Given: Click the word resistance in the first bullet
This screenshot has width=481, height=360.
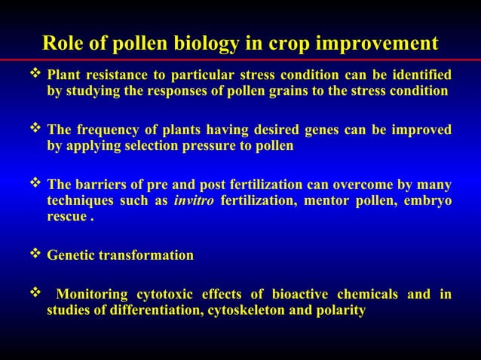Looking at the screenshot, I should coord(113,76).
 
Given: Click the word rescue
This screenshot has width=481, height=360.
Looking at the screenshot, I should coord(66,218).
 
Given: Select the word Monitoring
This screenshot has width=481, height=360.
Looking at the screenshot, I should coord(94,294).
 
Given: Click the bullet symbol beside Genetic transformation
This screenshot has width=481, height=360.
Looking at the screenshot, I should coord(35,255).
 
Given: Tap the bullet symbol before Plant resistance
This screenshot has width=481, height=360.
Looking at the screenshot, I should coord(35,75).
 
